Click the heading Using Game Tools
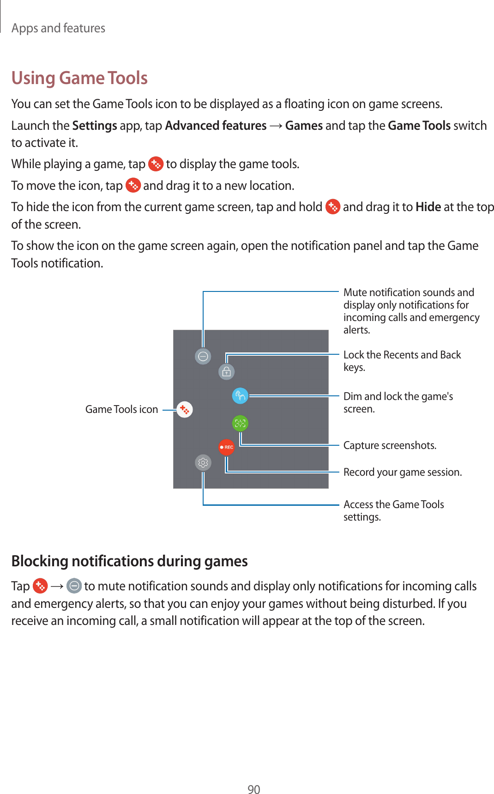tap(79, 78)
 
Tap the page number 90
tap(253, 789)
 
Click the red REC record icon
tap(226, 447)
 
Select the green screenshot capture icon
tap(240, 423)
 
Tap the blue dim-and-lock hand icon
tap(240, 396)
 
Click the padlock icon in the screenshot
tap(226, 372)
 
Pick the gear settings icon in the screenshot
tap(203, 462)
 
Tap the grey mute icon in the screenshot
tap(203, 356)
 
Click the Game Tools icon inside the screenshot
tap(185, 409)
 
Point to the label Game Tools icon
tap(121, 409)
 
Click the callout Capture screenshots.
tap(390, 445)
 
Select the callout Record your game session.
tap(402, 472)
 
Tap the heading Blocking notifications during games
tap(129, 561)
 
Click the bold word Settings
tap(95, 126)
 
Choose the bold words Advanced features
tap(216, 126)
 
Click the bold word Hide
tap(428, 207)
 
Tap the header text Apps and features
tap(58, 28)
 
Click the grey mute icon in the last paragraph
tap(74, 586)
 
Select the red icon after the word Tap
tap(41, 586)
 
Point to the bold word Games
tap(304, 126)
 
